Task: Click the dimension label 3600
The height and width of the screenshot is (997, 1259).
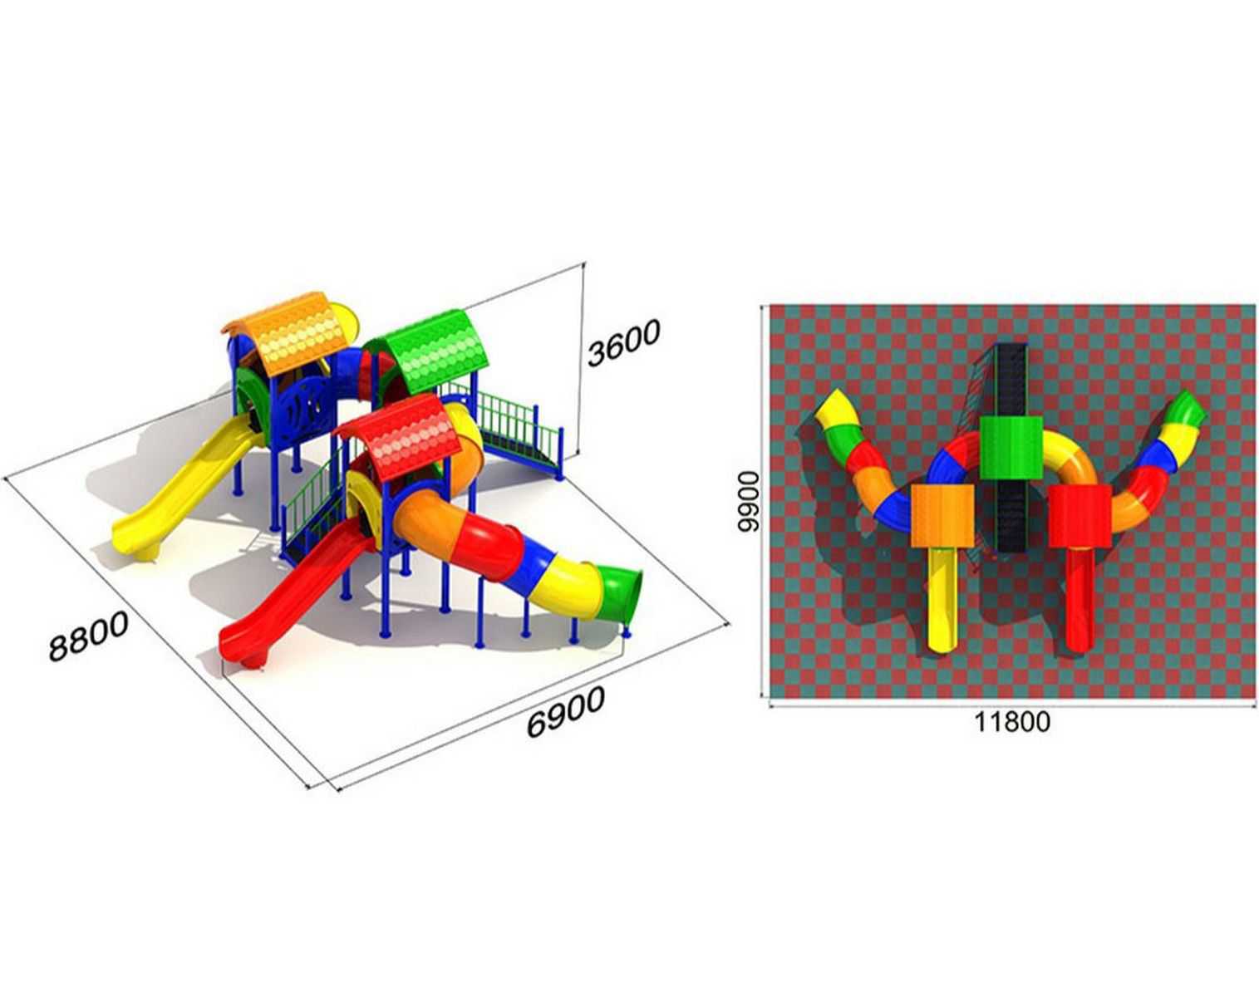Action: (x=623, y=342)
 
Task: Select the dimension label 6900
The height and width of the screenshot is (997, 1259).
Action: (x=565, y=712)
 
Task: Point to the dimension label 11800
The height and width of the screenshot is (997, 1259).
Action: (x=1012, y=722)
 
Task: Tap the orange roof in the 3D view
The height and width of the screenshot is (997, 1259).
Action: (x=291, y=332)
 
